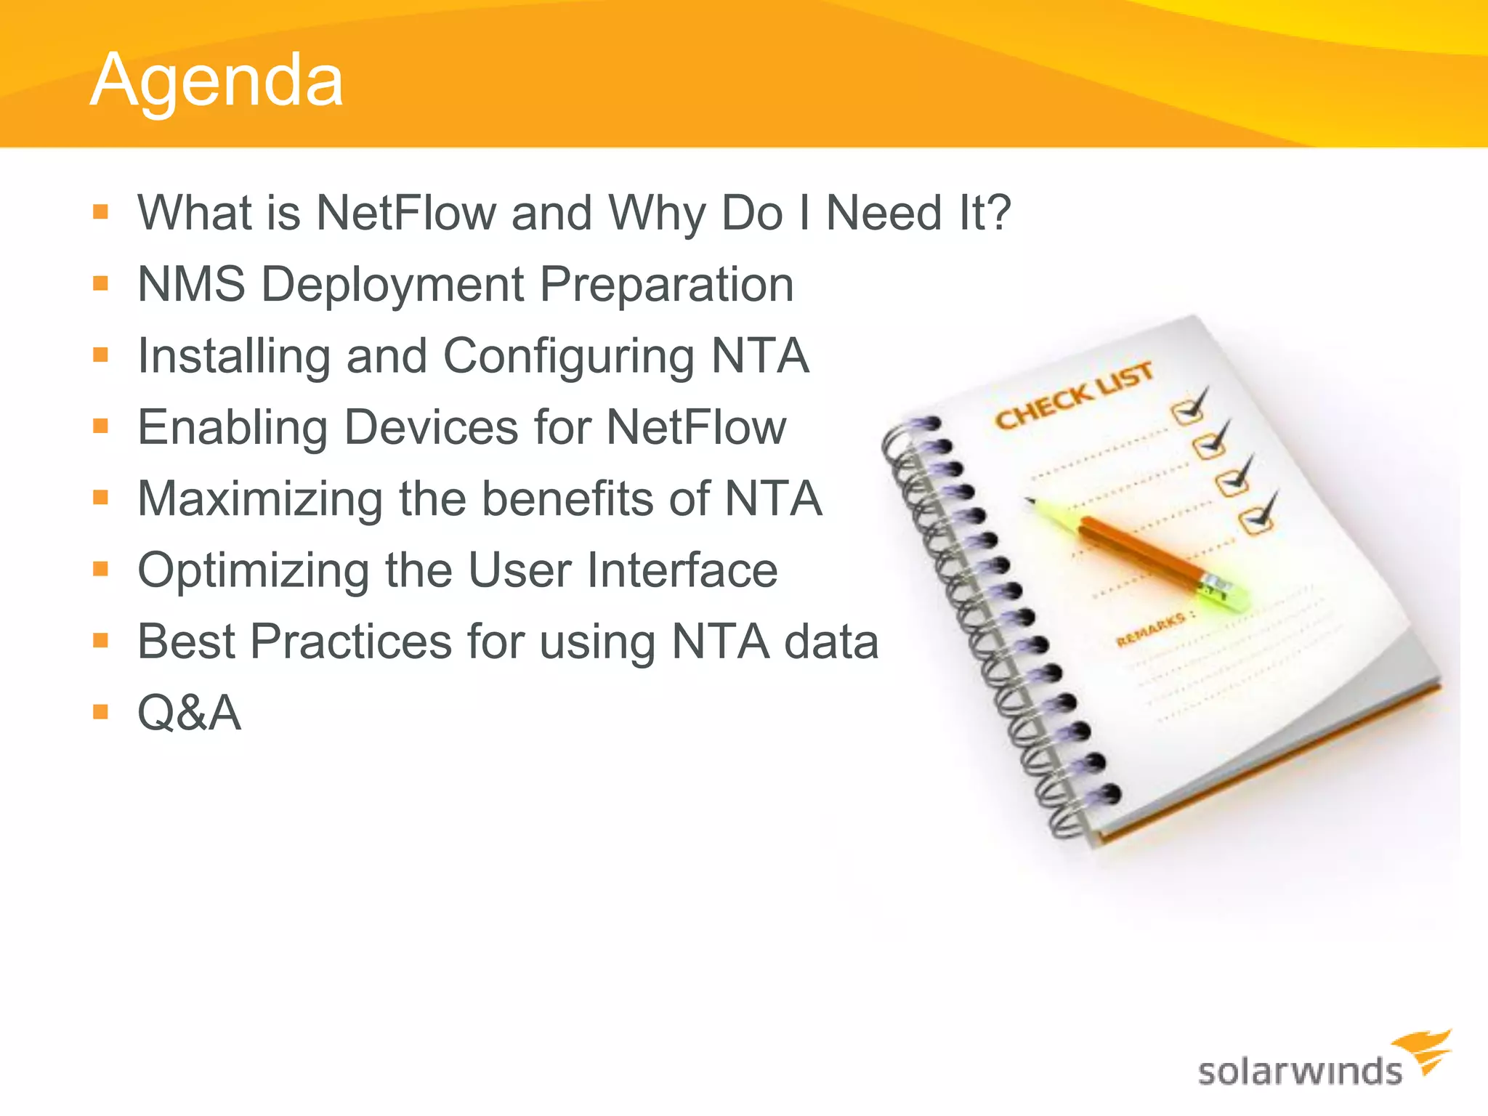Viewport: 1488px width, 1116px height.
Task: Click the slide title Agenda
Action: [x=217, y=81]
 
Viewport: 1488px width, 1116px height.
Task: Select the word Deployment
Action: [x=392, y=284]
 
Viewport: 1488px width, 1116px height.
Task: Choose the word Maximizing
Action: [x=260, y=499]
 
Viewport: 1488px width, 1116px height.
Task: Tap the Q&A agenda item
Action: [x=189, y=713]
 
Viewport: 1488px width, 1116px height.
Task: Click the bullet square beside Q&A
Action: [x=100, y=711]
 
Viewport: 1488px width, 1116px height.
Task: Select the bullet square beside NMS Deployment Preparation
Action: [x=100, y=283]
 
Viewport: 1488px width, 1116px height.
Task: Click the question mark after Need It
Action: [x=996, y=213]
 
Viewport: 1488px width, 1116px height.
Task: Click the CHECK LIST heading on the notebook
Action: [x=1073, y=397]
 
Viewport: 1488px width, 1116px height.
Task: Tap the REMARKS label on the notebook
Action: [x=1151, y=629]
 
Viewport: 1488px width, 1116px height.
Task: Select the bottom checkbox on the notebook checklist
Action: [x=1255, y=520]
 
